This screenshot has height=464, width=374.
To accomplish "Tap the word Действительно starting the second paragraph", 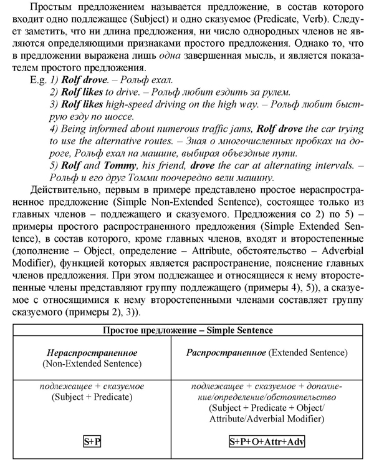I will click(x=62, y=191).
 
